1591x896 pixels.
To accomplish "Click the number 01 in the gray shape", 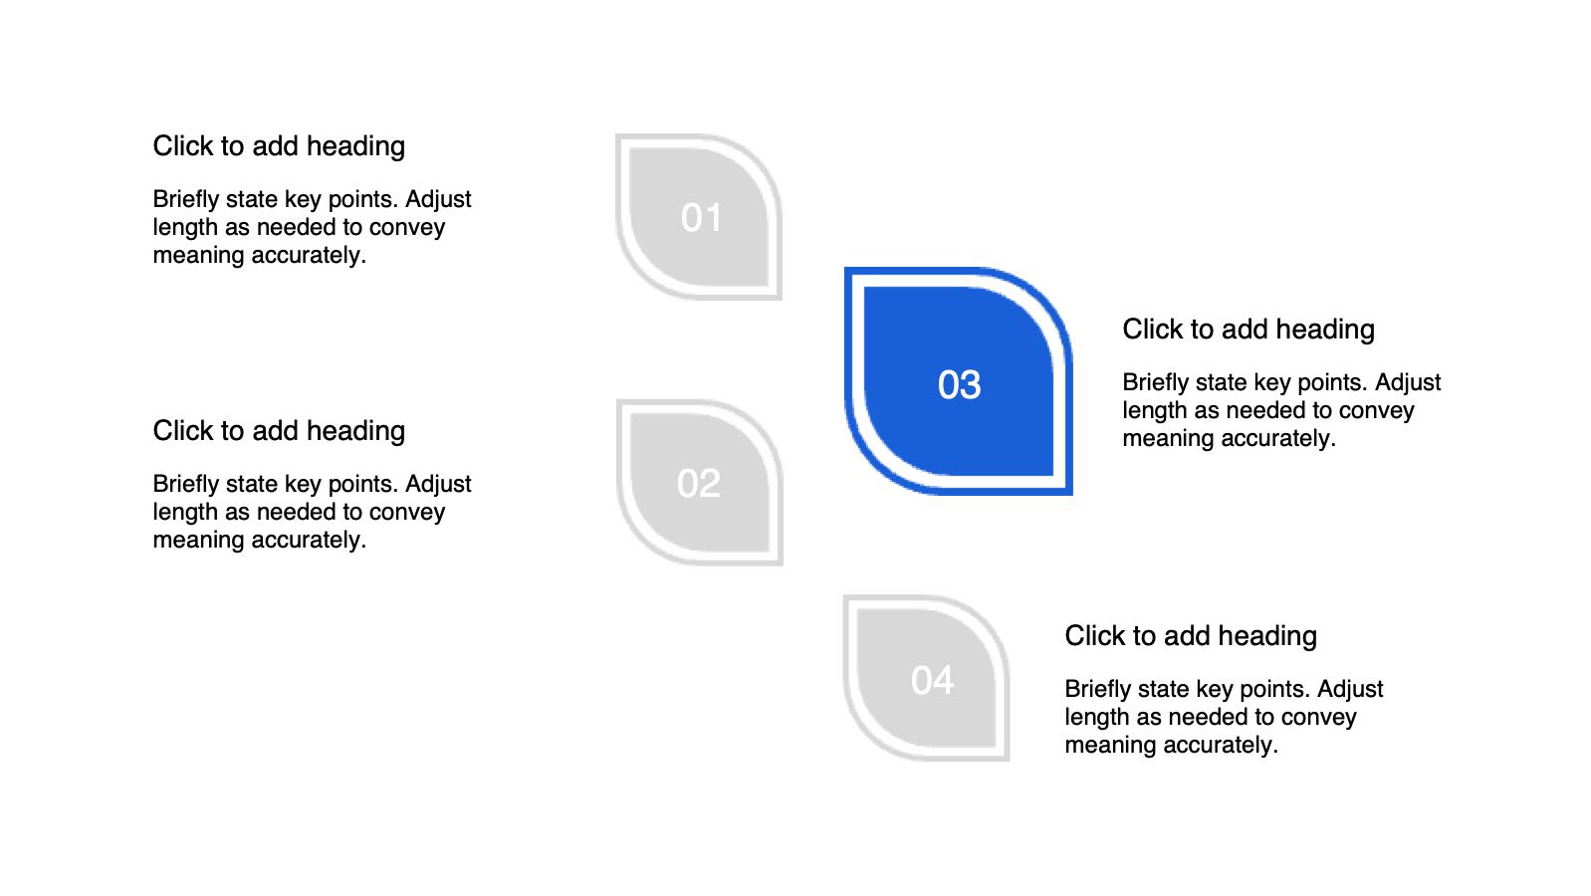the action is pos(701,217).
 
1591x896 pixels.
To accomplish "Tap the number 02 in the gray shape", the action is pos(699,484).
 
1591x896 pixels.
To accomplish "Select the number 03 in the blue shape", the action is pos(959,385).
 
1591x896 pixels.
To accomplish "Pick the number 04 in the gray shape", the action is pos(933,680).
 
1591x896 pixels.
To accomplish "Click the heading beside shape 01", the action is pos(279,146).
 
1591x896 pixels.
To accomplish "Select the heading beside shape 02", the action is pos(279,431).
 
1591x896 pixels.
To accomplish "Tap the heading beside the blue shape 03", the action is pos(1249,330).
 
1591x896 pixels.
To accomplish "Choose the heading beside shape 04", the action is pos(1191,636).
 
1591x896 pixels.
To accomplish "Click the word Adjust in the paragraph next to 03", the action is pos(1408,382).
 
